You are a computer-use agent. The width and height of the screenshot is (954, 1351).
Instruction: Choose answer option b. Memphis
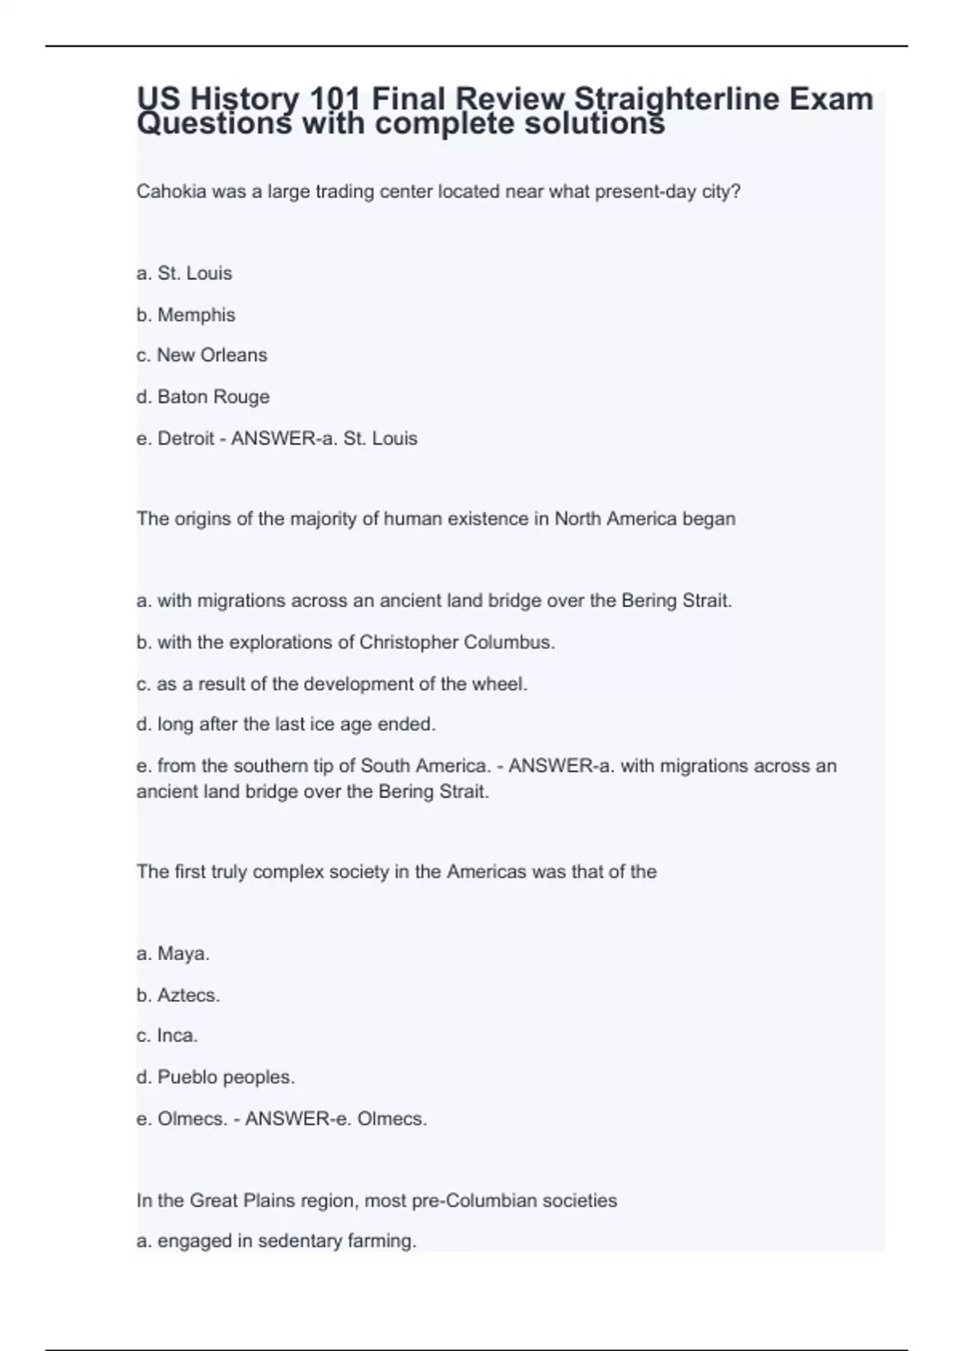coord(186,315)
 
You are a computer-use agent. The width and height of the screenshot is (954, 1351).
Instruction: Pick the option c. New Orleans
coord(202,355)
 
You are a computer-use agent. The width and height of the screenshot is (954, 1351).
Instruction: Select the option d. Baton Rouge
coord(203,397)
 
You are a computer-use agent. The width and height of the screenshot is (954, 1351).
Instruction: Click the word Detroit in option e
coord(186,439)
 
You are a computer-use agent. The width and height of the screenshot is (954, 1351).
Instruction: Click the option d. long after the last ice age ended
coord(286,725)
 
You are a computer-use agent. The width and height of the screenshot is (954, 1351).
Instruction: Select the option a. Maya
coord(173,954)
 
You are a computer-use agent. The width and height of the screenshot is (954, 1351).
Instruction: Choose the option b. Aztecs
coord(178,995)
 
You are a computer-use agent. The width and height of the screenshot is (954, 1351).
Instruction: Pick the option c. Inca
coord(167,1036)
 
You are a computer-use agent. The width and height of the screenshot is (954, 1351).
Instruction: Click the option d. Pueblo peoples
coord(215,1078)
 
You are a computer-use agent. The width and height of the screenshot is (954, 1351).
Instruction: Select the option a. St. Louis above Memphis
coord(184,273)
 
